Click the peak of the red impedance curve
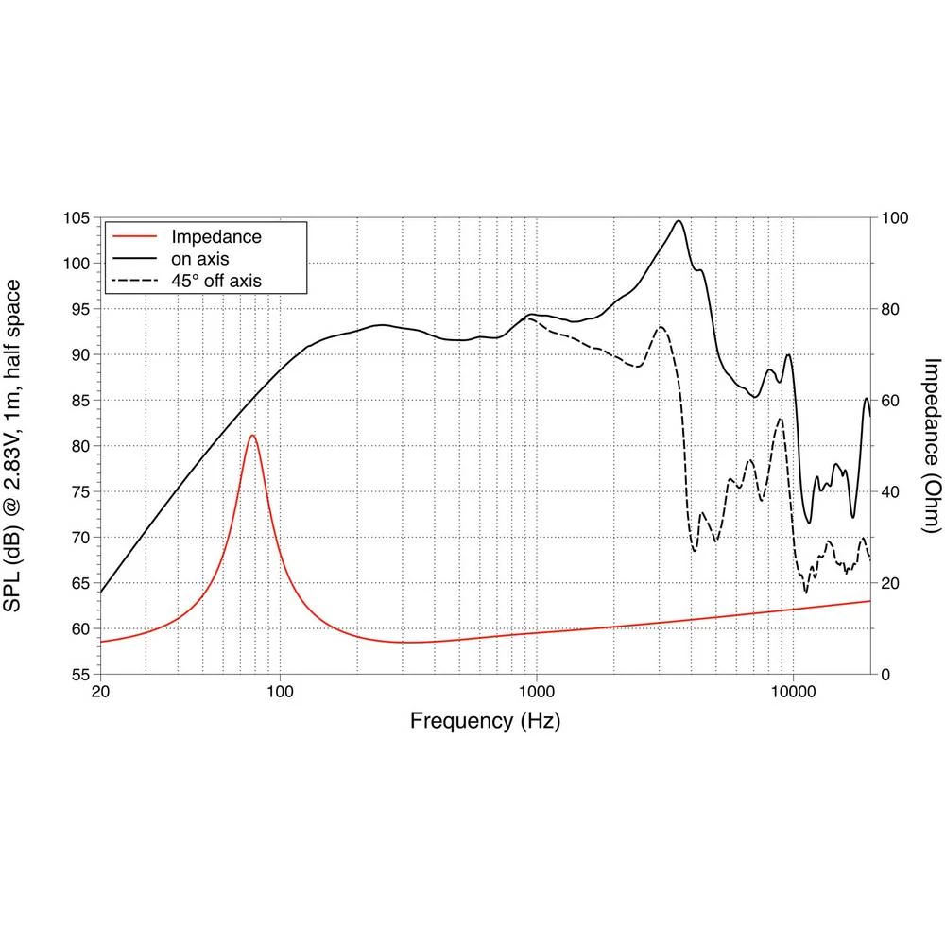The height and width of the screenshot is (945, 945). point(252,436)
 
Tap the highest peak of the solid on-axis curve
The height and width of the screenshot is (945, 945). point(679,221)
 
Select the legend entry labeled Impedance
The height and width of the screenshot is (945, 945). point(215,236)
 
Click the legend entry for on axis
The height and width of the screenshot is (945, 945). point(199,258)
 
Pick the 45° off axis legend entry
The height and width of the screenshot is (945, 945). point(215,280)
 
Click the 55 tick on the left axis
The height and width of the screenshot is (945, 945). point(79,675)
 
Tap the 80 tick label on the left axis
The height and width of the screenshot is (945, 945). point(79,446)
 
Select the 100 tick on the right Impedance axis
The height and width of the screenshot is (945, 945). point(894,218)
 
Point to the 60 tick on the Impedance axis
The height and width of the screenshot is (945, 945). point(890,401)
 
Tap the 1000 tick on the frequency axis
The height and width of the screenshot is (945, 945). point(537,693)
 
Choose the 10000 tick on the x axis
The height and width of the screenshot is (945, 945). point(793,693)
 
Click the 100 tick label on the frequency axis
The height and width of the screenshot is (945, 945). point(280,693)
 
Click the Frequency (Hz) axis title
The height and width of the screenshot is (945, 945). point(485,722)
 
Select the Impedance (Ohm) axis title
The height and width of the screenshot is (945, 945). point(932,446)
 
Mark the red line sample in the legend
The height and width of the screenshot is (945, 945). point(132,236)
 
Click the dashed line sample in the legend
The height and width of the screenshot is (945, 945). point(132,280)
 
